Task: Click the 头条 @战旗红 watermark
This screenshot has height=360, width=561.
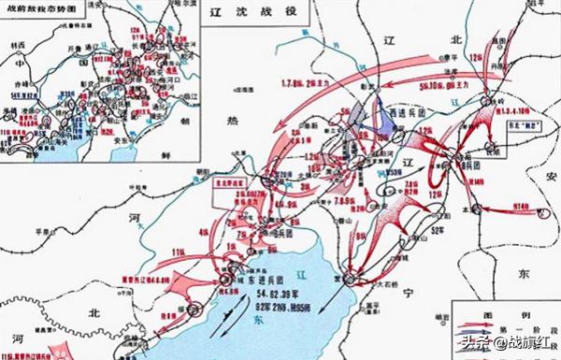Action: coord(499,342)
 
